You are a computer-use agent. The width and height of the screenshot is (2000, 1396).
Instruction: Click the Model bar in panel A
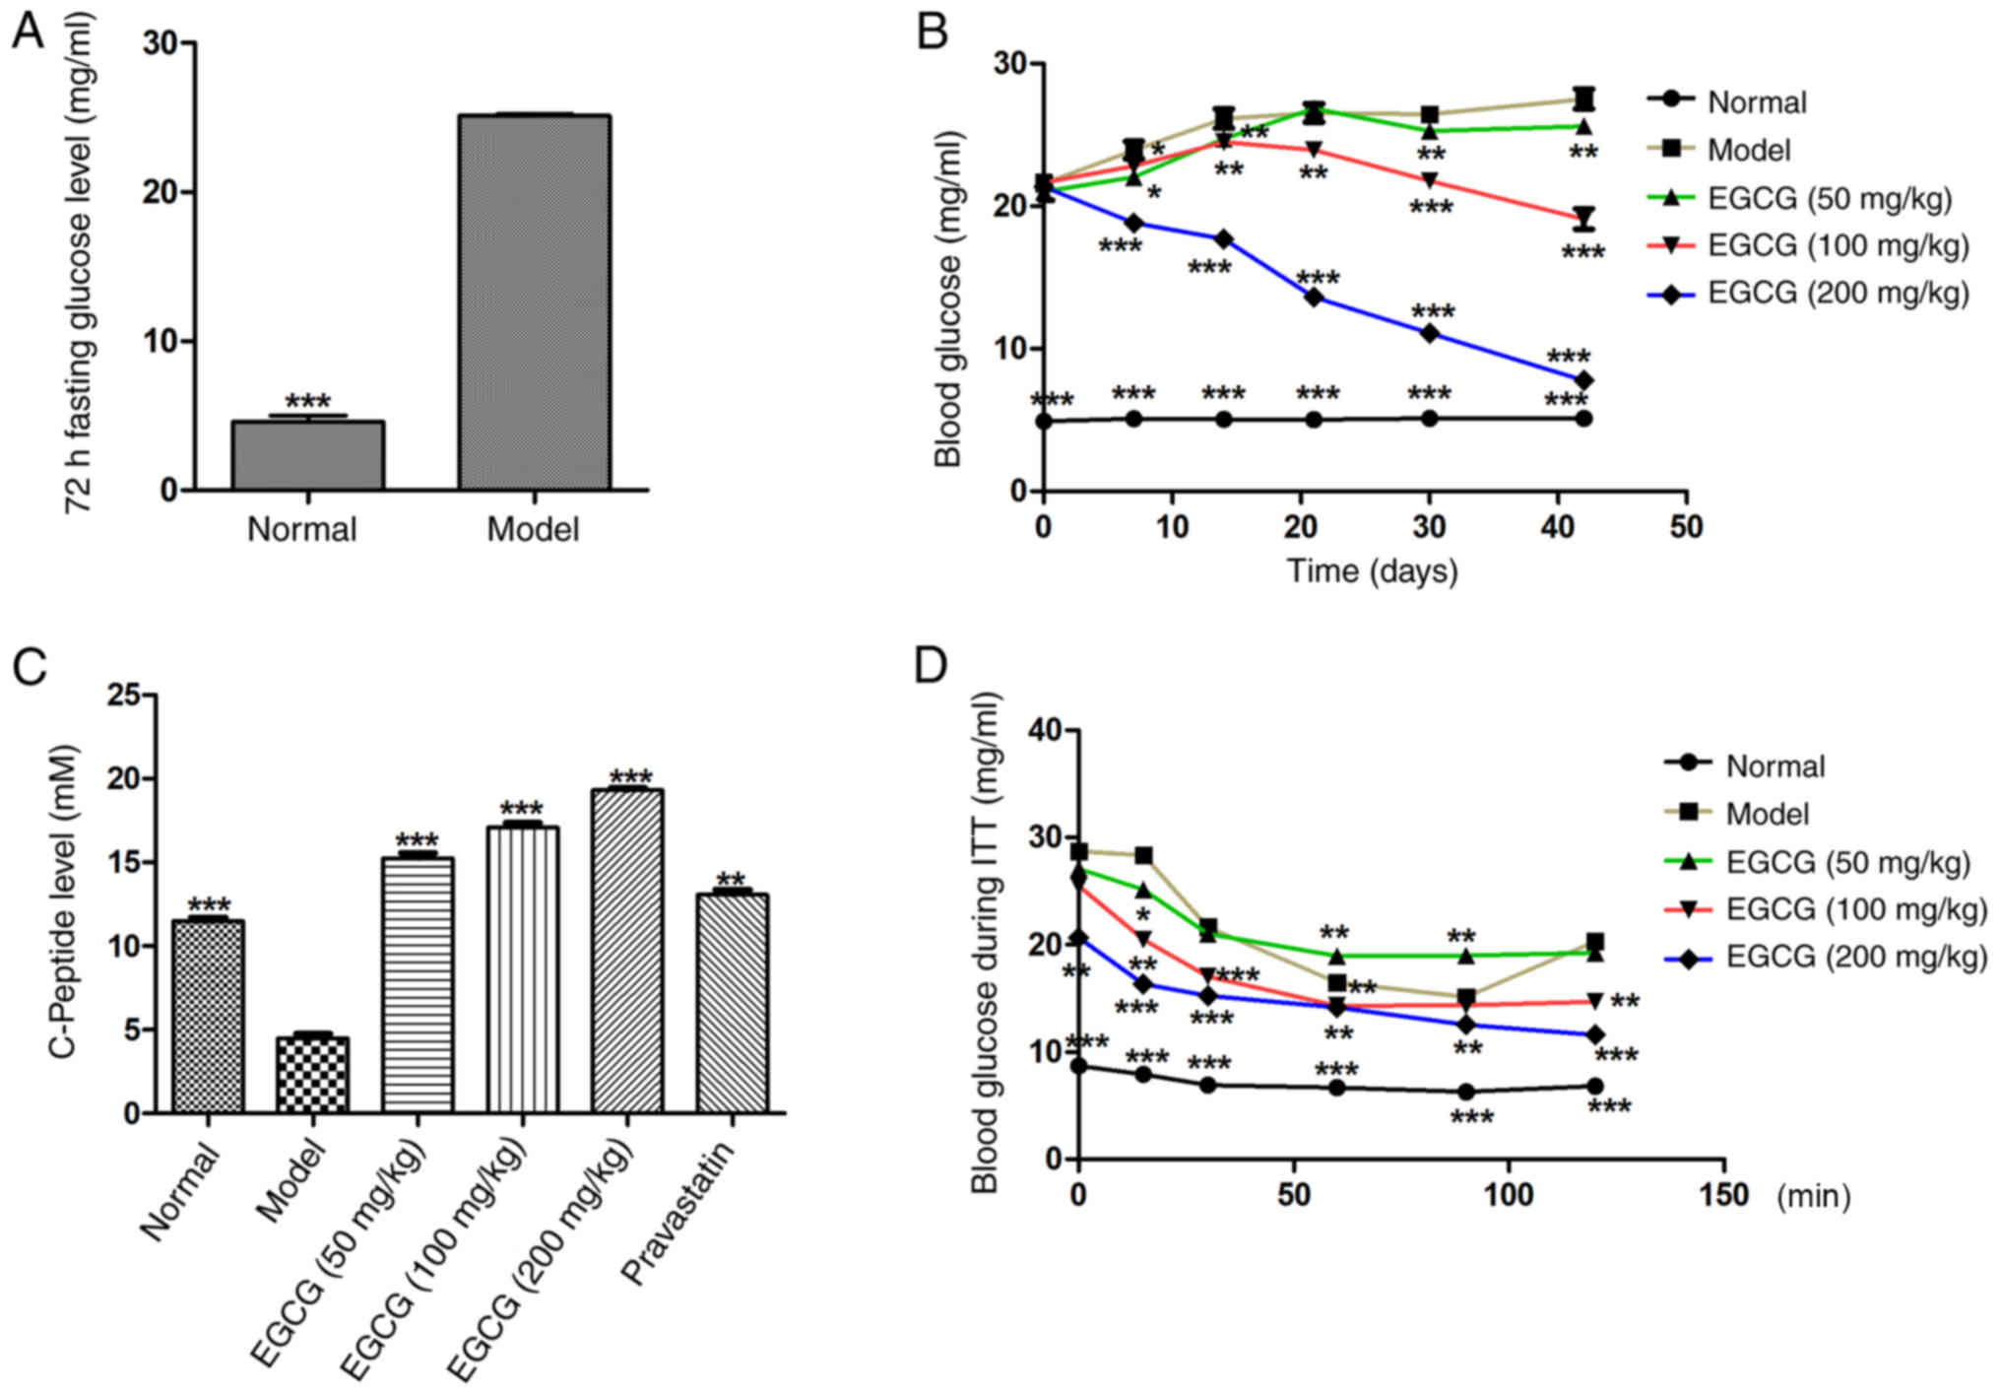pos(534,301)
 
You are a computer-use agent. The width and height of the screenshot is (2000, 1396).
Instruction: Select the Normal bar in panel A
pos(307,455)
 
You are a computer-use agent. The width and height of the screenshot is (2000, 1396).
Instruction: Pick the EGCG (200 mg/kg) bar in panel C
pos(627,951)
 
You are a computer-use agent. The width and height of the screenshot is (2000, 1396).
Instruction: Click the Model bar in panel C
pos(312,1075)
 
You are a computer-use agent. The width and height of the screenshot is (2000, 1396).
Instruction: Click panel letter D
pos(931,666)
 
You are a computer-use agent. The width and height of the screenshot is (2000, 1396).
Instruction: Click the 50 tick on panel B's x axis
pos(1686,528)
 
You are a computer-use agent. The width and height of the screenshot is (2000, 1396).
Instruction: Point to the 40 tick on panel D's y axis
pos(1045,730)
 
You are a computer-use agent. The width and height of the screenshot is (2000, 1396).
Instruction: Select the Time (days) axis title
pos(1372,571)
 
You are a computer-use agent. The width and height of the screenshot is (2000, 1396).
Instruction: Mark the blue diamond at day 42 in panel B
pos(1583,380)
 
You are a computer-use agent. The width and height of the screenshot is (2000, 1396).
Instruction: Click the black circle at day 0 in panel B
pos(1045,421)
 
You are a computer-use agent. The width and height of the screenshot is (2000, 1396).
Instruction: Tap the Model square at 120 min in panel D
pos(1594,942)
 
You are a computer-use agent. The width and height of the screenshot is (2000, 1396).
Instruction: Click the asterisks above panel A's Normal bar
pos(307,402)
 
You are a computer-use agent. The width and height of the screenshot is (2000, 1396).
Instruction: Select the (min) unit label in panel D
pos(1813,1196)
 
